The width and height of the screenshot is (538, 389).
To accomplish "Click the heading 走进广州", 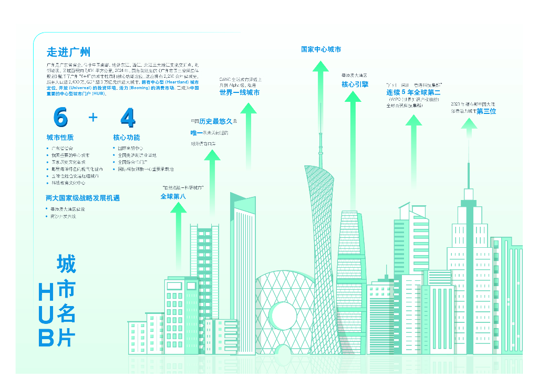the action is click(x=68, y=52).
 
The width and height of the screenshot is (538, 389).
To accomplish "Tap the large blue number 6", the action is click(x=60, y=118).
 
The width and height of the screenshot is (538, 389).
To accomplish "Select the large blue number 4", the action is click(x=128, y=118).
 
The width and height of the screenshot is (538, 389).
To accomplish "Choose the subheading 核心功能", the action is click(x=127, y=138).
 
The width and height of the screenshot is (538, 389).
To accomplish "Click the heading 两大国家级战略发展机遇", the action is click(x=83, y=198).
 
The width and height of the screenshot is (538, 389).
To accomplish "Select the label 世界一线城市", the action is click(x=240, y=92).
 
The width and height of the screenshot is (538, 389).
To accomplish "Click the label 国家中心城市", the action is click(x=320, y=49).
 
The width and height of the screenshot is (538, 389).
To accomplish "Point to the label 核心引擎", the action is click(x=355, y=84).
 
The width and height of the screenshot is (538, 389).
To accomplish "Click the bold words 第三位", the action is click(x=486, y=111).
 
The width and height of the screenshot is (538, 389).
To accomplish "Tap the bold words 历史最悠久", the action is click(x=220, y=122).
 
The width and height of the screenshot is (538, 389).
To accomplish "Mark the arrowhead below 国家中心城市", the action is click(x=320, y=67).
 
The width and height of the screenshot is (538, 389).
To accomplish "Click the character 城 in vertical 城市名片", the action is click(x=66, y=264).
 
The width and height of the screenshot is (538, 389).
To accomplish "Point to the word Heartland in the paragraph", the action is click(x=168, y=82).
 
